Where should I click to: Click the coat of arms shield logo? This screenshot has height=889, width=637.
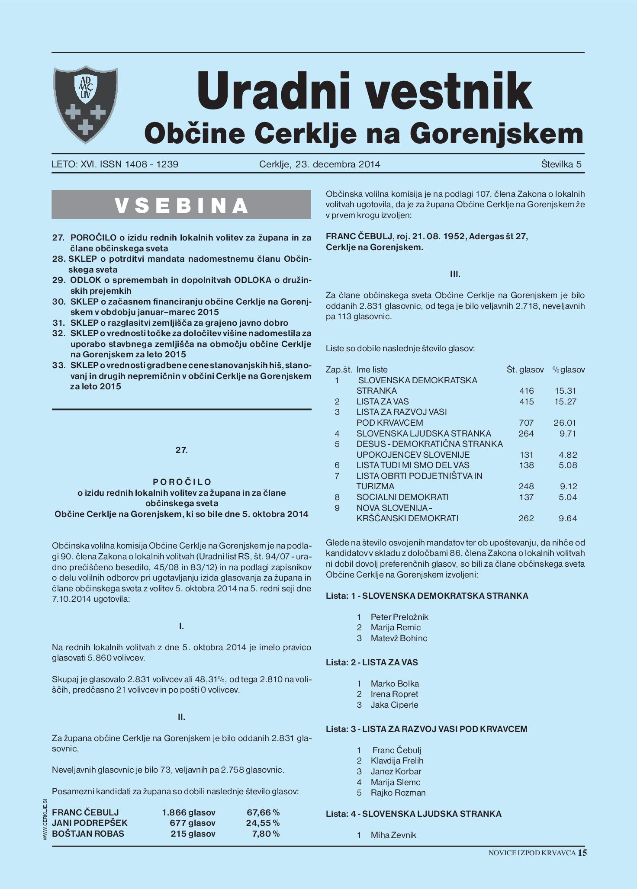[85, 104]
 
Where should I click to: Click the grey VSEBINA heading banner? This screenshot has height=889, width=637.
[181, 205]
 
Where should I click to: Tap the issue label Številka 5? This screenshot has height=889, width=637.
[561, 164]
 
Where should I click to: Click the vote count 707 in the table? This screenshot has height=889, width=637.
[526, 423]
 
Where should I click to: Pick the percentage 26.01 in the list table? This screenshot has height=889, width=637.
[565, 423]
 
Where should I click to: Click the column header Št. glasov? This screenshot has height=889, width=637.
[525, 370]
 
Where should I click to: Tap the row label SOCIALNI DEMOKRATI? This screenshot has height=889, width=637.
[402, 497]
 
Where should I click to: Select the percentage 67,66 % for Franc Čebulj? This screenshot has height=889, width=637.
[263, 812]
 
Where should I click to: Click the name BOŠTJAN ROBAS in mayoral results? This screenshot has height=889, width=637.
[88, 834]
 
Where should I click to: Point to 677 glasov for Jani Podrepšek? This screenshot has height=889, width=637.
[193, 823]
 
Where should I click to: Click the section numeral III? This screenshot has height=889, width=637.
[455, 274]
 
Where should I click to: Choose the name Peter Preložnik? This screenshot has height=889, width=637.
[399, 617]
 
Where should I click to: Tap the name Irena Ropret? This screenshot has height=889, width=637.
[394, 694]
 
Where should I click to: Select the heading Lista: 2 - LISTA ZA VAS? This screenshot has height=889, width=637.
[372, 662]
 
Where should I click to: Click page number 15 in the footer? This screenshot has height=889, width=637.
[582, 853]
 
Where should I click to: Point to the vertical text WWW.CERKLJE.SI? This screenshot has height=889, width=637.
[45, 820]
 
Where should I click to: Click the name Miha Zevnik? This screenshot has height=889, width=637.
[393, 835]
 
